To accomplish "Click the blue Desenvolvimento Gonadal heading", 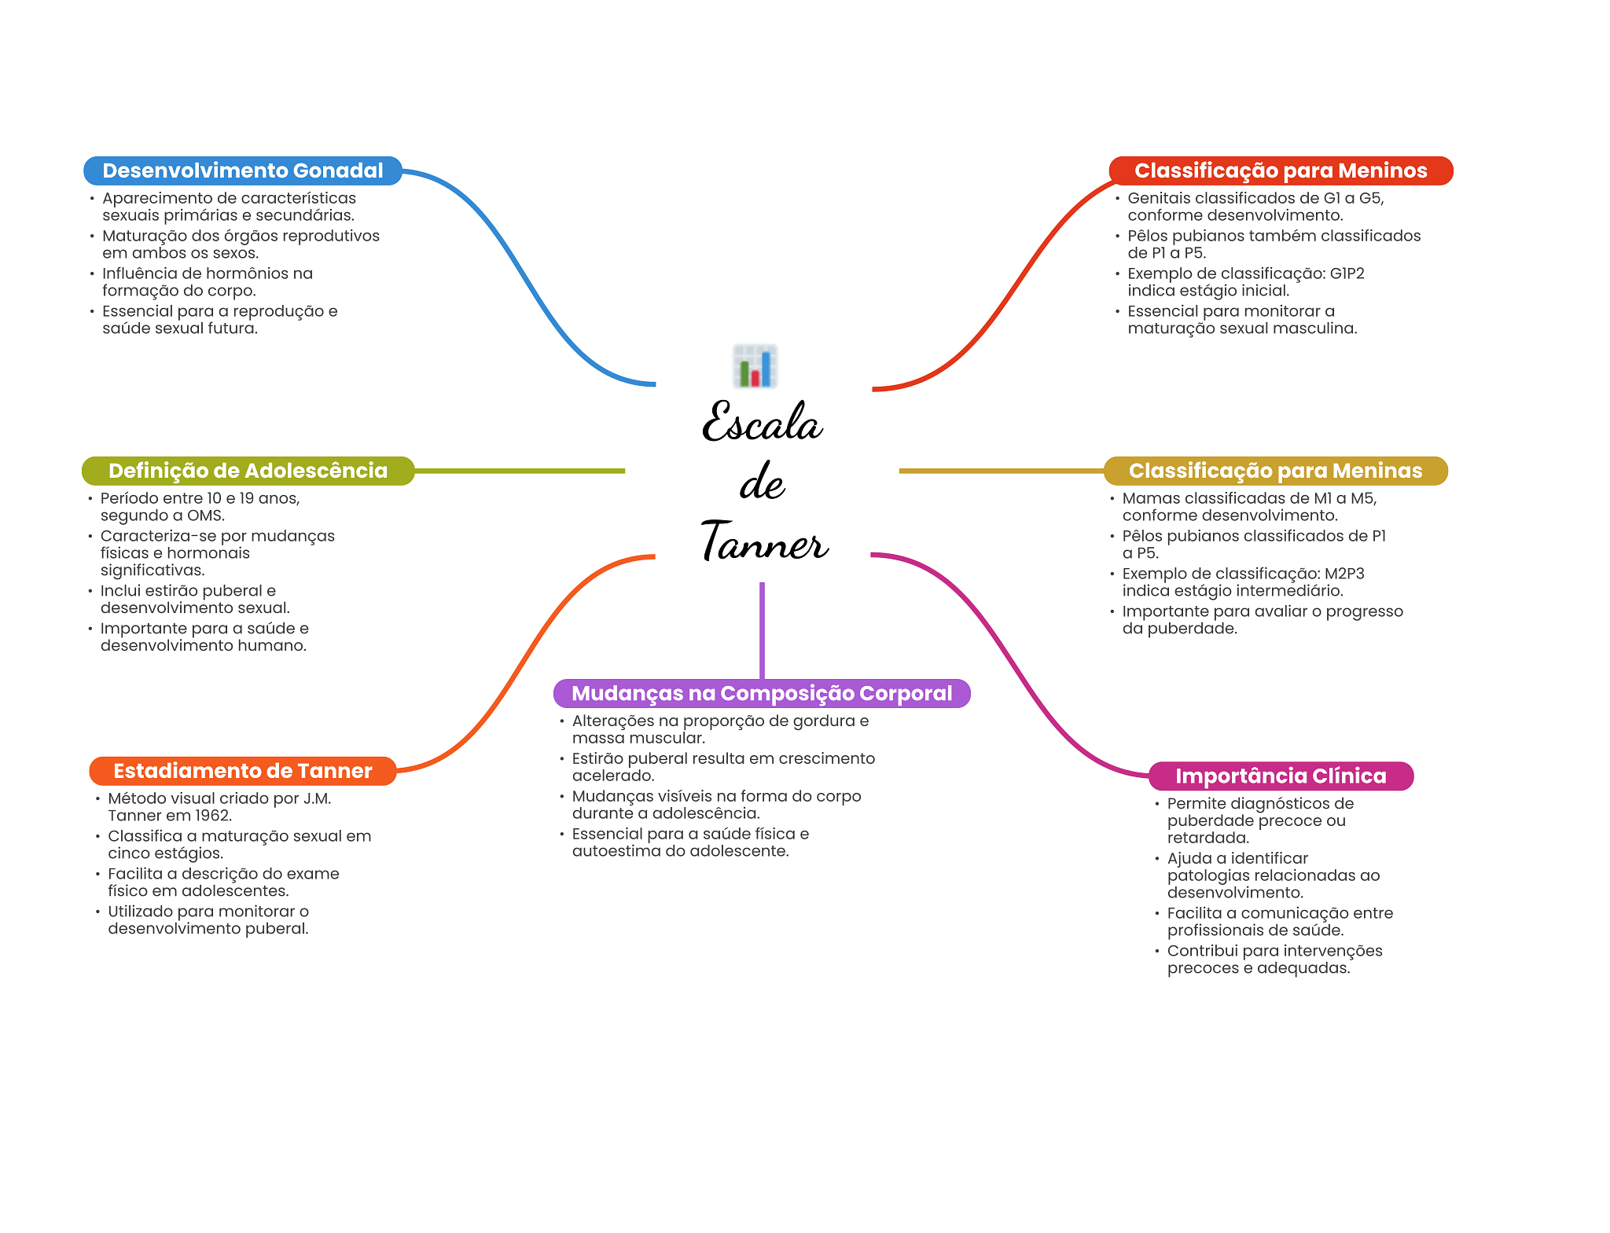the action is pyautogui.click(x=243, y=171).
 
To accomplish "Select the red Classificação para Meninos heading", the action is pyautogui.click(x=1281, y=171).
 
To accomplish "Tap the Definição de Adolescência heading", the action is pyautogui.click(x=248, y=471).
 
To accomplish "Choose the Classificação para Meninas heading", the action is pyautogui.click(x=1275, y=471).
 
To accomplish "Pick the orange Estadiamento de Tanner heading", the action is pyautogui.click(x=243, y=771).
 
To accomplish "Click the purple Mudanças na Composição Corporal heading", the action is pyautogui.click(x=762, y=693).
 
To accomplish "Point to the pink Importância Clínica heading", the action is pyautogui.click(x=1281, y=776).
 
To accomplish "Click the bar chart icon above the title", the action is pyautogui.click(x=755, y=366).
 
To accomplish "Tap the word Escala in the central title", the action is pyautogui.click(x=762, y=422).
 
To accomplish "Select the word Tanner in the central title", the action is pyautogui.click(x=764, y=541).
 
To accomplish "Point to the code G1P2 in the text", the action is pyautogui.click(x=1347, y=273).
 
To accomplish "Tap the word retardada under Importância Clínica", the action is pyautogui.click(x=1207, y=838).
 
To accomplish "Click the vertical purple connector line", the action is pyautogui.click(x=762, y=630).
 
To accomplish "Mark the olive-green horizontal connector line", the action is pyautogui.click(x=520, y=471).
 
